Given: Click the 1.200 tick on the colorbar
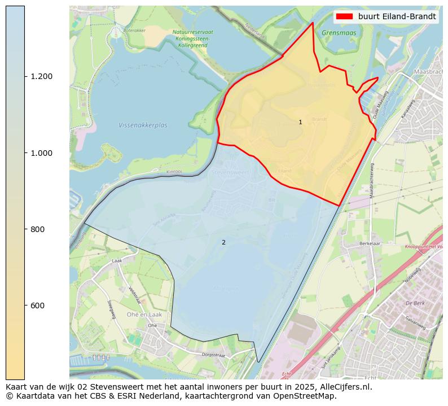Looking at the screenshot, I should click(x=25, y=76).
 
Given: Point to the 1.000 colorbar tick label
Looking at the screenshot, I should click(x=41, y=153).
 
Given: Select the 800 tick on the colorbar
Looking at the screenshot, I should click(x=25, y=229).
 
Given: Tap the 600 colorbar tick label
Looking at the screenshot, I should click(x=37, y=305).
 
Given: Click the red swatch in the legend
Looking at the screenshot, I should click(x=344, y=16).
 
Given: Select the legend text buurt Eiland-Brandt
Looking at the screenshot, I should click(x=397, y=16).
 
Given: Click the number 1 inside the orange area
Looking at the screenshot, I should click(x=300, y=122).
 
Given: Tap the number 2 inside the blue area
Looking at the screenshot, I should click(x=223, y=242).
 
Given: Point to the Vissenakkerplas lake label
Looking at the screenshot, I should click(x=143, y=125).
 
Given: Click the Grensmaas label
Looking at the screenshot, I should click(x=336, y=33).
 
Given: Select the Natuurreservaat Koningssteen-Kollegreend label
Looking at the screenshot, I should click(x=193, y=38).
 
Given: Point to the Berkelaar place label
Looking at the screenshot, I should click(x=371, y=244).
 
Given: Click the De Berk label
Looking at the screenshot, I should click(x=415, y=303).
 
